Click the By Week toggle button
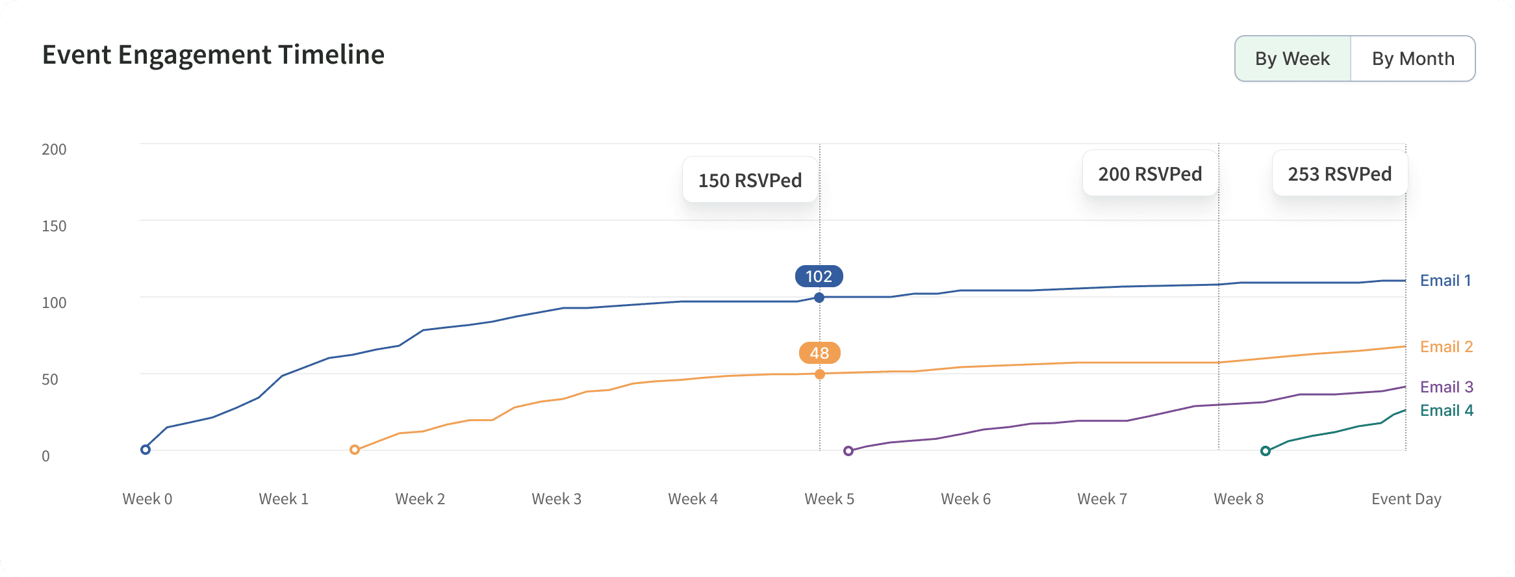(x=1292, y=58)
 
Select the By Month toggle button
(x=1412, y=58)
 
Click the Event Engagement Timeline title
(x=213, y=55)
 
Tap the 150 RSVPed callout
(x=750, y=180)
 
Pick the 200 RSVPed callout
(x=1150, y=173)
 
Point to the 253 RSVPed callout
(x=1340, y=173)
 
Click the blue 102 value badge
(x=819, y=276)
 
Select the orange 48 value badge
(x=819, y=353)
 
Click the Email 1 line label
(x=1445, y=280)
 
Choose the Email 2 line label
(x=1446, y=346)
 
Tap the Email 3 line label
(x=1446, y=387)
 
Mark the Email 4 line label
(x=1446, y=410)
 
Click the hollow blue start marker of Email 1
(x=146, y=450)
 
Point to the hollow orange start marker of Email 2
(x=355, y=450)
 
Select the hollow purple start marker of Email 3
(x=848, y=451)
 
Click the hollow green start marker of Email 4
(x=1266, y=451)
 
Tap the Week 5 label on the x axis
(x=829, y=499)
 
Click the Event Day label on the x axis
(x=1406, y=499)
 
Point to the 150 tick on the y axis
(x=54, y=226)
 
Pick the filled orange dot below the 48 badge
(x=820, y=374)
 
